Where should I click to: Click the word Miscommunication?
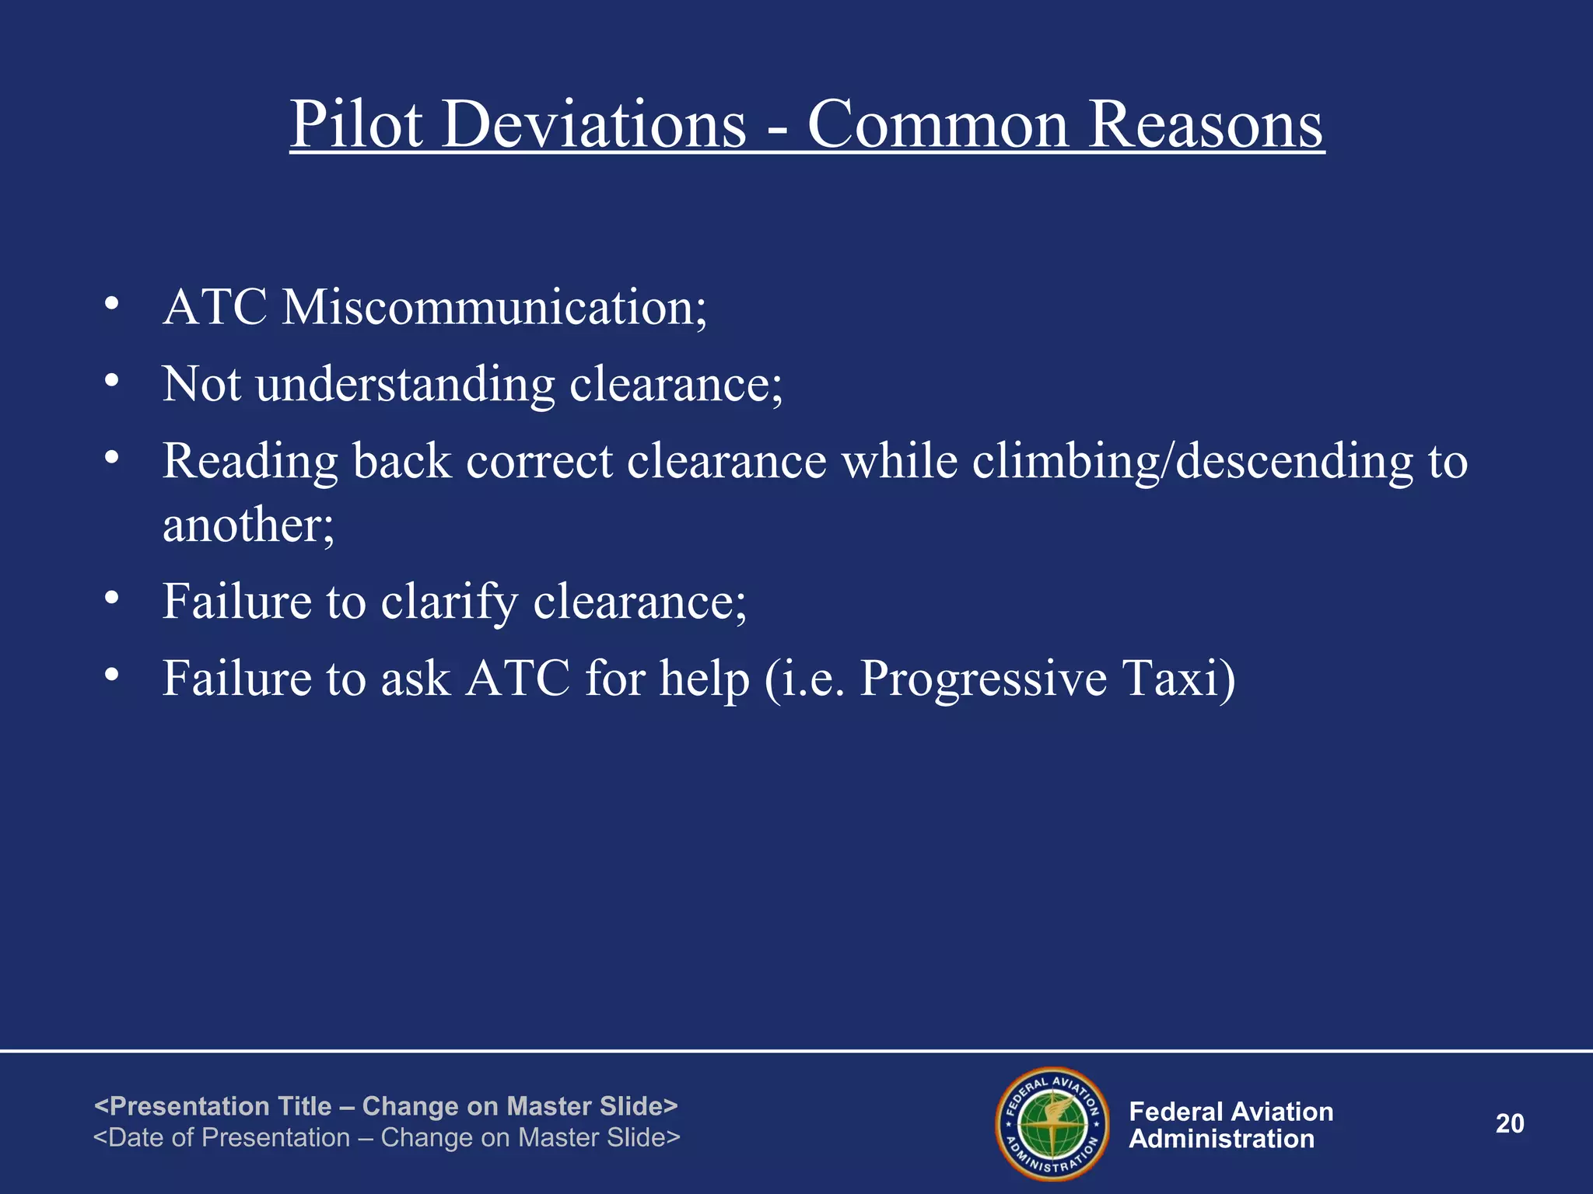tap(494, 308)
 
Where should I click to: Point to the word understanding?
tap(405, 385)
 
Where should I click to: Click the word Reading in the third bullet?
tap(250, 462)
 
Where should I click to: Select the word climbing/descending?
tap(1192, 462)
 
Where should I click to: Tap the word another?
tap(247, 525)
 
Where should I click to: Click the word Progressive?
tap(983, 678)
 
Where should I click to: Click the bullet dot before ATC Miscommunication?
tap(112, 304)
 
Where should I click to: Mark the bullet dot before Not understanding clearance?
tap(112, 381)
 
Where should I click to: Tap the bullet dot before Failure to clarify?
tap(112, 598)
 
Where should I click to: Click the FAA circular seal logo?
tap(1052, 1124)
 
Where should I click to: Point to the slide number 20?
tap(1510, 1124)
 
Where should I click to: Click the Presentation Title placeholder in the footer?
tap(386, 1106)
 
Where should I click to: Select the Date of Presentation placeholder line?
tap(387, 1138)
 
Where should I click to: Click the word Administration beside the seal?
tap(1221, 1140)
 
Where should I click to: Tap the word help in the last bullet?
tap(705, 678)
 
